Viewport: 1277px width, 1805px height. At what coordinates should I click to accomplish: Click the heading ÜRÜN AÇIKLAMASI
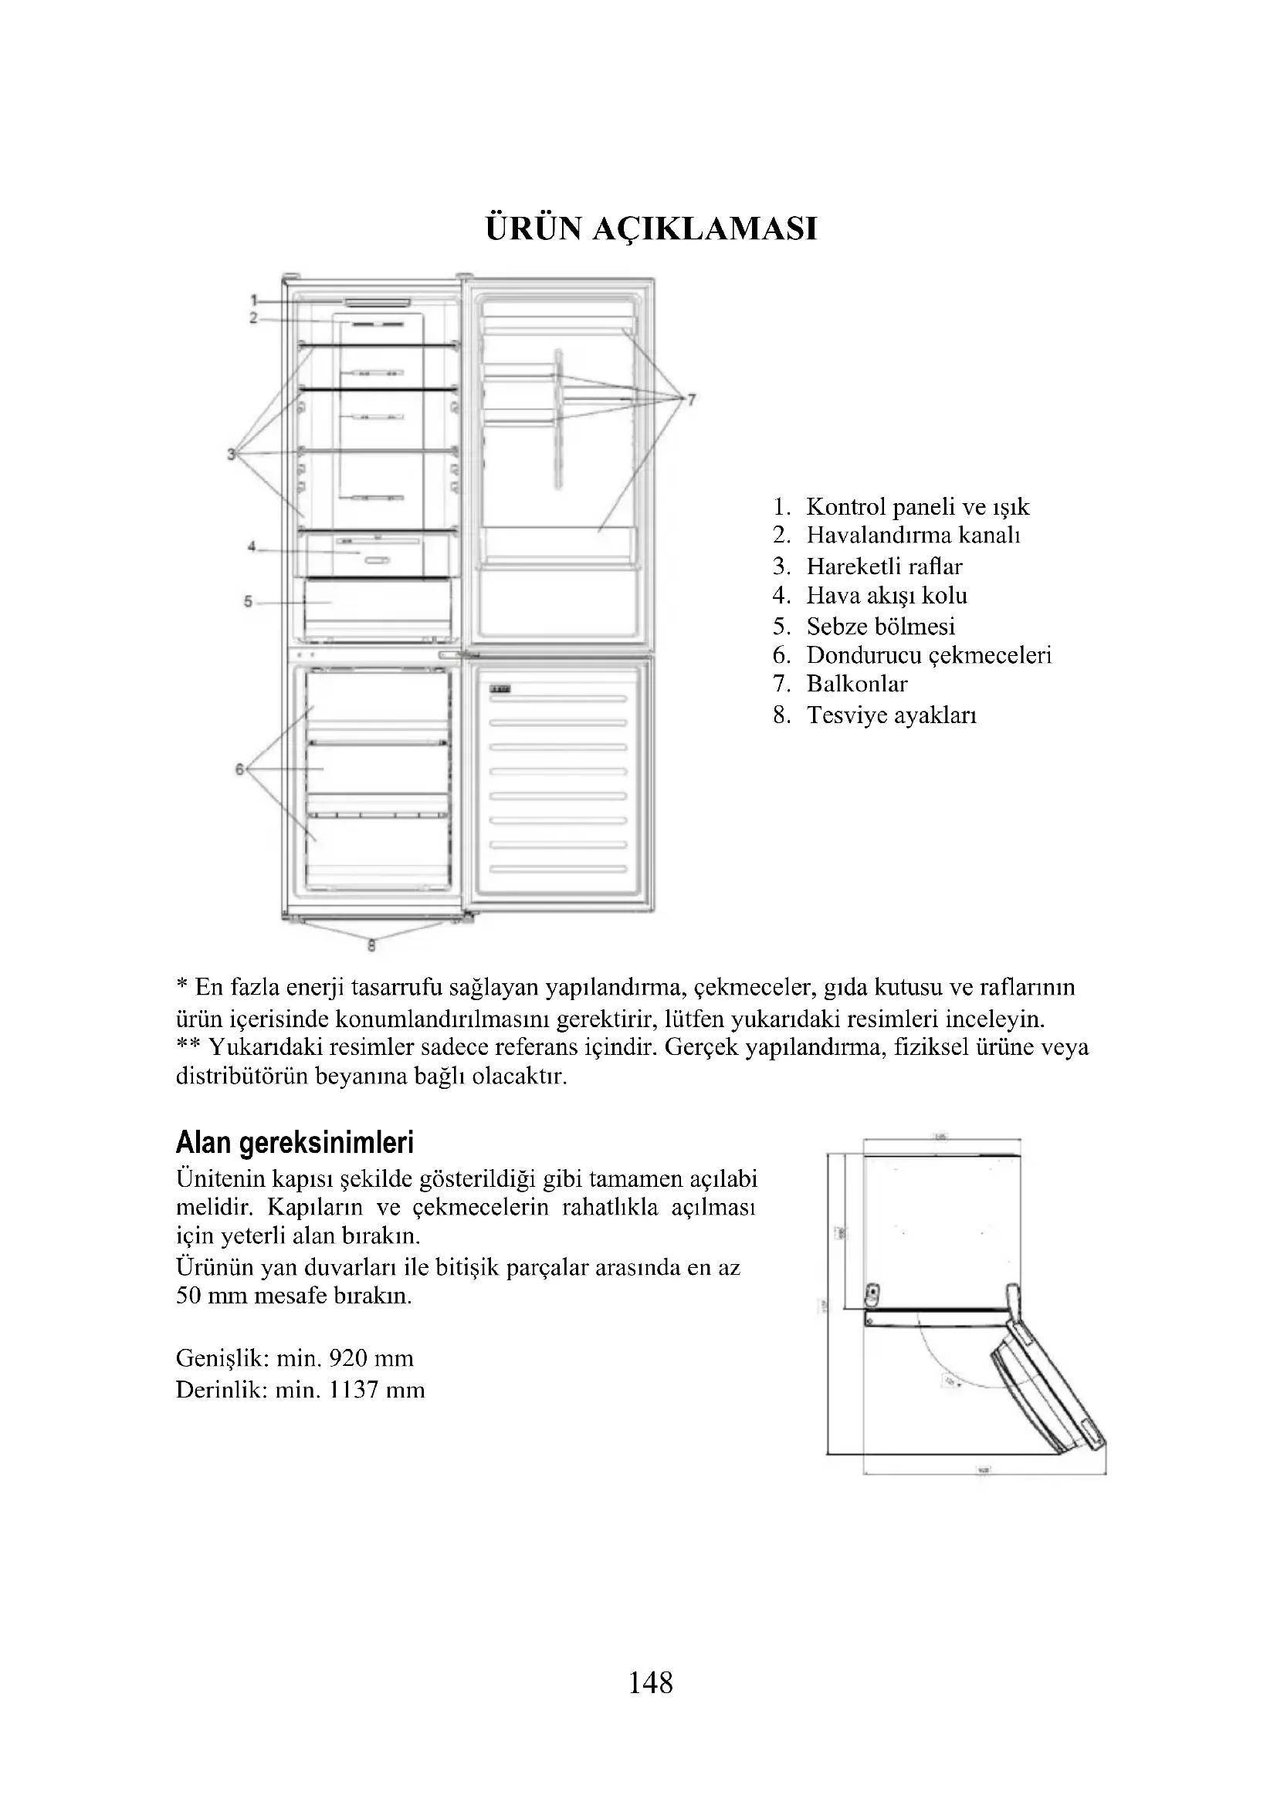point(651,228)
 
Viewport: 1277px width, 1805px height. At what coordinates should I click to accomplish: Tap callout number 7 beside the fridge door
point(691,400)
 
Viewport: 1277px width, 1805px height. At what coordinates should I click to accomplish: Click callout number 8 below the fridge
point(372,947)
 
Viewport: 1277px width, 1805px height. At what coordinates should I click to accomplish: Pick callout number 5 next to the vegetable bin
point(248,601)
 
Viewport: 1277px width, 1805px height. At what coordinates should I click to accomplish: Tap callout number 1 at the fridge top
point(254,299)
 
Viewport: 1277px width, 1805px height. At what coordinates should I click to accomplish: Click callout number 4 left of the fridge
point(252,546)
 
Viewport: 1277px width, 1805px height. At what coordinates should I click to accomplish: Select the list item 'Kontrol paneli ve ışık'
point(917,507)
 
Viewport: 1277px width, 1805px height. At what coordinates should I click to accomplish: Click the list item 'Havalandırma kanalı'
point(913,536)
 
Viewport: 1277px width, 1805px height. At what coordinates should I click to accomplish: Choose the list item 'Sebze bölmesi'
point(881,627)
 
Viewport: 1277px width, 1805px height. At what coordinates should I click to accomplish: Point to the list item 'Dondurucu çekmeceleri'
point(929,655)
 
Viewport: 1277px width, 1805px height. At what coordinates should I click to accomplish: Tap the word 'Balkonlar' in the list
point(856,684)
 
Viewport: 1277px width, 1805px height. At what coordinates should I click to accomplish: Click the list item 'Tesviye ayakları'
point(891,715)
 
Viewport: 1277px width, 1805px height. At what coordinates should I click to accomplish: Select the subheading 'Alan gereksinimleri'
point(295,1141)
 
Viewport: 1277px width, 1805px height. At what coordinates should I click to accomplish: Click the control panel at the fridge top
point(377,300)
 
